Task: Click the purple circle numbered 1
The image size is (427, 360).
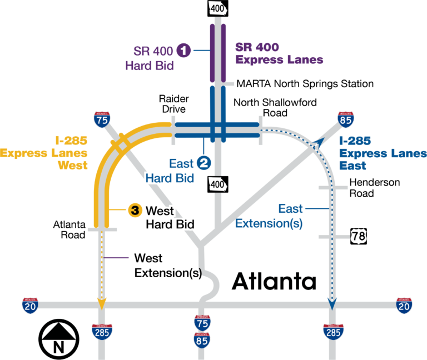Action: [184, 51]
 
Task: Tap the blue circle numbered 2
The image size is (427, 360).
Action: [203, 163]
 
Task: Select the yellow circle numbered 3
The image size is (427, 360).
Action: [135, 210]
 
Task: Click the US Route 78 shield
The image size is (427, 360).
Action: [358, 237]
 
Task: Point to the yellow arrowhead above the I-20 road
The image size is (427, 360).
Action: [101, 303]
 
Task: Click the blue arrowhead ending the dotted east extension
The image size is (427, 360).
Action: [332, 304]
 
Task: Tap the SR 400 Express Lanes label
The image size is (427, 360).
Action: [279, 53]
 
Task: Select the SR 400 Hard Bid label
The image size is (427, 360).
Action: [150, 58]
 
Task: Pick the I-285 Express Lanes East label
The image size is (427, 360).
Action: [383, 153]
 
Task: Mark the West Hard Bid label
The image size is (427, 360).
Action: [170, 218]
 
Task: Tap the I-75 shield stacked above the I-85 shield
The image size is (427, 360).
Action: [202, 322]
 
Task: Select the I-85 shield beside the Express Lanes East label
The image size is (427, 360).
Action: [346, 119]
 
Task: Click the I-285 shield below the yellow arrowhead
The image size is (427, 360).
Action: [102, 332]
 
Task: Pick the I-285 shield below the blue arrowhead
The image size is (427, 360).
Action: [332, 332]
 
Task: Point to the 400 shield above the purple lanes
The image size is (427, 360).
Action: [218, 8]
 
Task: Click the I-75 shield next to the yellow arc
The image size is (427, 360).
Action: [102, 119]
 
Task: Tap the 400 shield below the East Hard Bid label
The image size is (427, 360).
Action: [218, 184]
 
